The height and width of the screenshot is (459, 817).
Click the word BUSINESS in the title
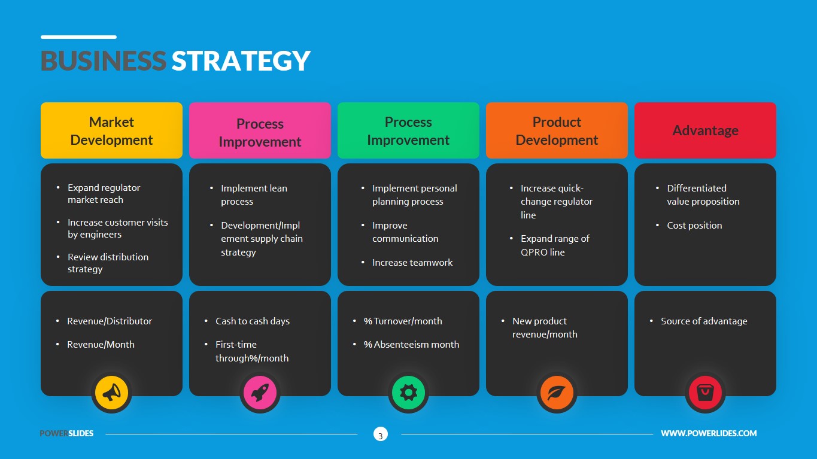click(x=103, y=61)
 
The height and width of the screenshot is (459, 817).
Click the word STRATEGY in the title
click(x=241, y=61)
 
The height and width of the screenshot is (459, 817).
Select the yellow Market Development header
click(x=111, y=130)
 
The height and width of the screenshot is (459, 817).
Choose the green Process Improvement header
click(x=408, y=130)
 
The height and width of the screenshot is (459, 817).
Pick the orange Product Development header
click(x=557, y=130)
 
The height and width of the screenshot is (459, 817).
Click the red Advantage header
click(x=705, y=130)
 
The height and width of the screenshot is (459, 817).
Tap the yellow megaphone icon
click(x=111, y=393)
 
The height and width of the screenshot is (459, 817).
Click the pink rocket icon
click(x=260, y=393)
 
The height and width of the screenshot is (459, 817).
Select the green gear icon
click(x=408, y=393)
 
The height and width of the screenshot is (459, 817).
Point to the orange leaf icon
click(x=557, y=393)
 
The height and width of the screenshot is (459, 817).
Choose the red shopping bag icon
click(x=705, y=393)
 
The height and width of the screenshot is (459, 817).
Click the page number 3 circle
click(x=380, y=434)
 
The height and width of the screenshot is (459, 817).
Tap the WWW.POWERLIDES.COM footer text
click(x=709, y=433)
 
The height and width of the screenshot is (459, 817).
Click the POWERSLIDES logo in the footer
click(x=66, y=433)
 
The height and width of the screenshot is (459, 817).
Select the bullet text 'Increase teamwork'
click(x=412, y=262)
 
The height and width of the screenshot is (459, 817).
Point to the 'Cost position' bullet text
click(x=694, y=225)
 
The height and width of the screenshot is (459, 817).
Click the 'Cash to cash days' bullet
click(x=253, y=321)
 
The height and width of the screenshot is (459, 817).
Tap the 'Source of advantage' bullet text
click(x=704, y=321)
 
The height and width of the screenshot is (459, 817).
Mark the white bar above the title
click(x=78, y=37)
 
